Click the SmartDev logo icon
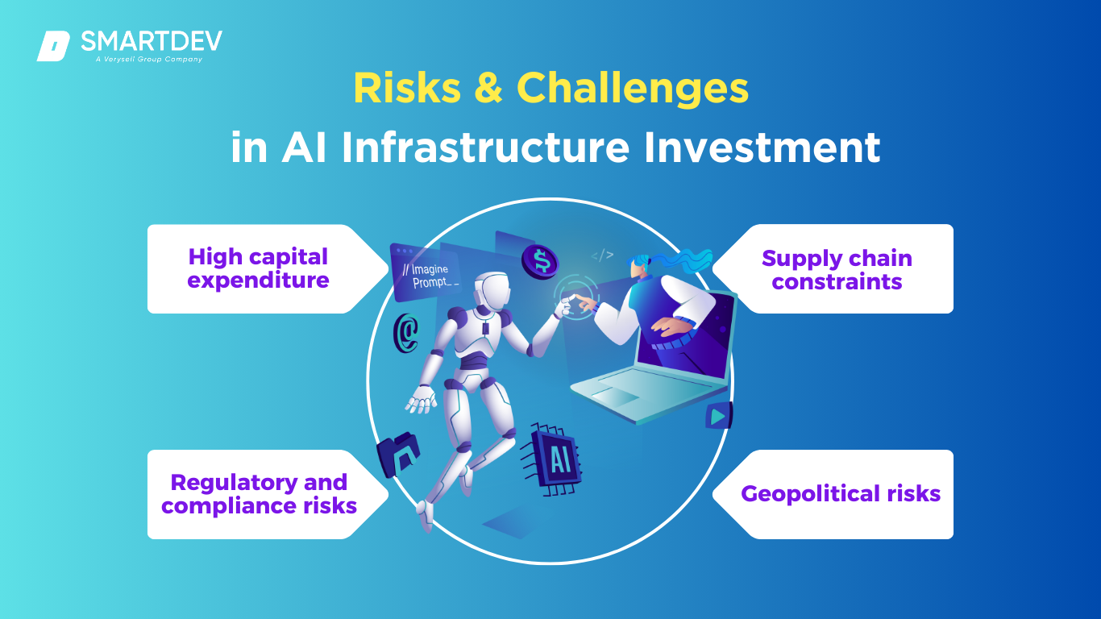(x=53, y=46)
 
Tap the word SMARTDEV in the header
(x=152, y=41)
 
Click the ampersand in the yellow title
(x=488, y=88)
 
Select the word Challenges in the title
(x=633, y=89)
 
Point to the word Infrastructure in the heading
(x=485, y=147)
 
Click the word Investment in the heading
(x=762, y=147)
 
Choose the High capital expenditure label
(x=258, y=268)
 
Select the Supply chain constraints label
(x=837, y=269)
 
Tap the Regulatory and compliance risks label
(x=259, y=494)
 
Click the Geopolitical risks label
(x=841, y=493)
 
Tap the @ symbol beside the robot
(x=406, y=333)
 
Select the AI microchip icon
(x=552, y=459)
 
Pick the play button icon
(x=719, y=416)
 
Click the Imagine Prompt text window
(x=426, y=273)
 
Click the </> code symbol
(x=602, y=255)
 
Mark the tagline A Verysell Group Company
(x=149, y=60)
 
